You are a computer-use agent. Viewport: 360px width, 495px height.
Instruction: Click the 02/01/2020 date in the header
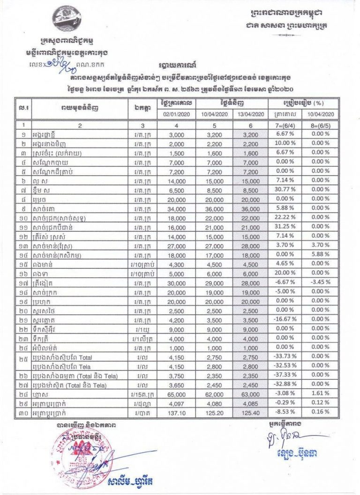(174, 114)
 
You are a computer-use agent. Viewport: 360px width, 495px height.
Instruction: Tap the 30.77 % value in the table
(284, 189)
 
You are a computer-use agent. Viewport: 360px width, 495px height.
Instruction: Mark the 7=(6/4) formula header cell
(284, 125)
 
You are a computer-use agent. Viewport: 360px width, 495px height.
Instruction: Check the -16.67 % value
(284, 321)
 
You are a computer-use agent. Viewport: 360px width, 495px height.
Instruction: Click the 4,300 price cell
(174, 264)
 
